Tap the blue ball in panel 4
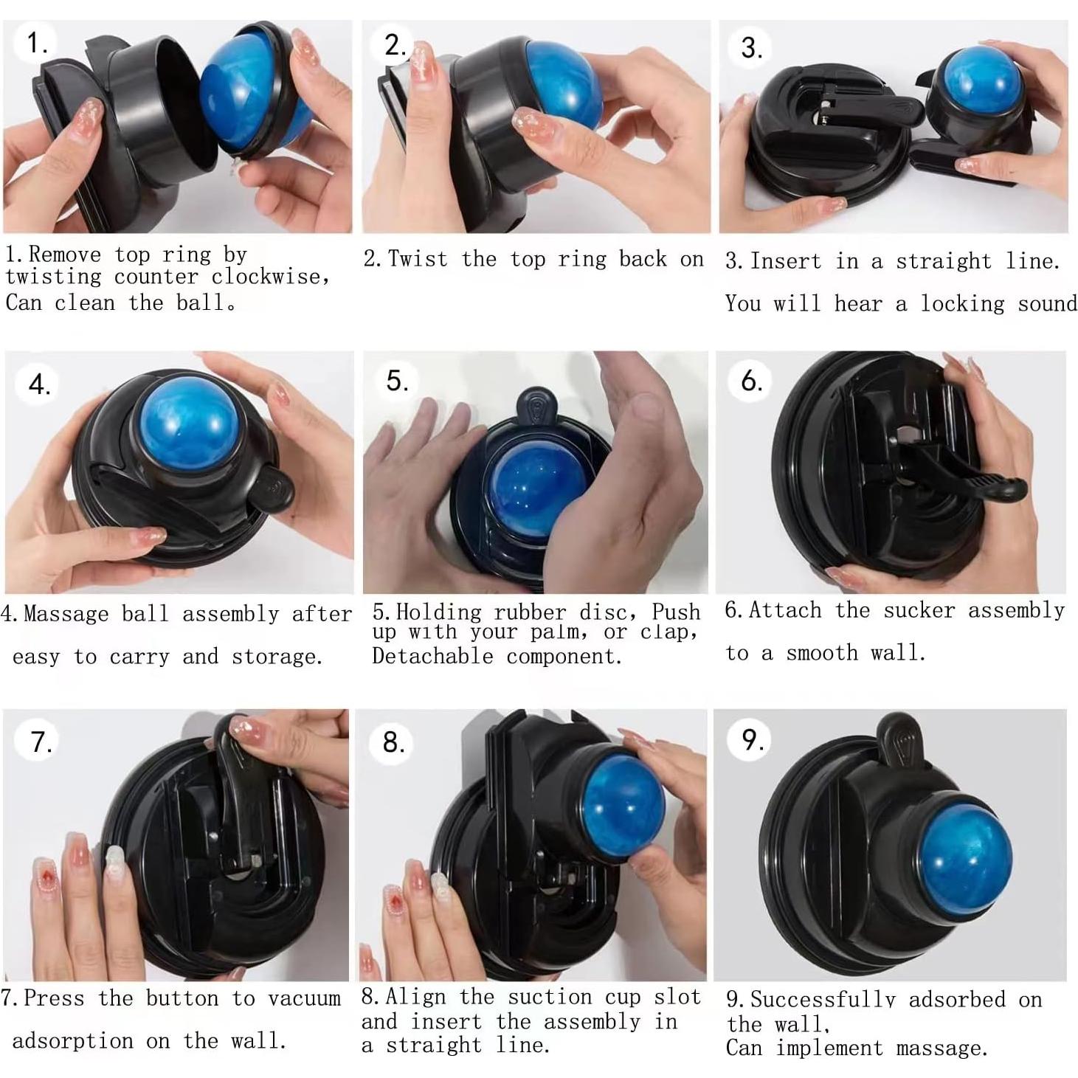189,424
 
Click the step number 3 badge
750,48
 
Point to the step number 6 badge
750,381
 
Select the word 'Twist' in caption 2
418,259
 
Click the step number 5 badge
396,381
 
